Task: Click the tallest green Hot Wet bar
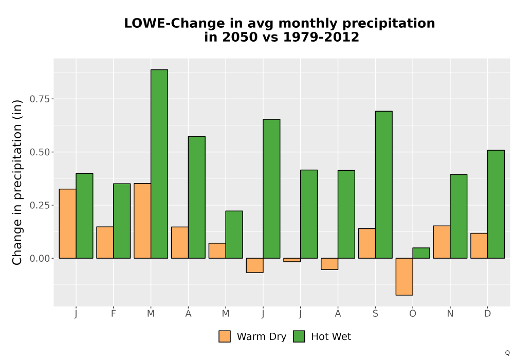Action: [159, 164]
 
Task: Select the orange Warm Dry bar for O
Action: [404, 277]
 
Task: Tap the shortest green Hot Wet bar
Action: [421, 253]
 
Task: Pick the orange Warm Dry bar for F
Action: [105, 243]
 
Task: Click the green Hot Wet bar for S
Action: [384, 185]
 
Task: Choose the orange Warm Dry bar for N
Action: [442, 242]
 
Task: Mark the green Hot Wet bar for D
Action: [496, 204]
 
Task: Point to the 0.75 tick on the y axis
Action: [52, 99]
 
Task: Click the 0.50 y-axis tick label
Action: [40, 152]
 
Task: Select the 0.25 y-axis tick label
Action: [40, 205]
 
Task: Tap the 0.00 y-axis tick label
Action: [40, 258]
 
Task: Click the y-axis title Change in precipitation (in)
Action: [17, 182]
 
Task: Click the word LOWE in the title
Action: [145, 23]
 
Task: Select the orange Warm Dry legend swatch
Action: [225, 336]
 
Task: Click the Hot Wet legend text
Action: [331, 336]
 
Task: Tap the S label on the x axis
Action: [375, 314]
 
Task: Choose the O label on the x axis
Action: [413, 314]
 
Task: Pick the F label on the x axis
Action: [114, 314]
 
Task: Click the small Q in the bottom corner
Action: [507, 353]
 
